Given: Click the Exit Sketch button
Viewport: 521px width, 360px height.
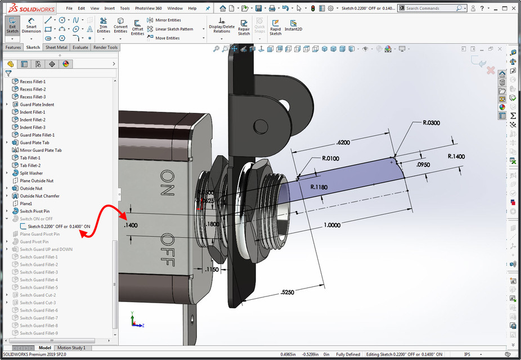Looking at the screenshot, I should click(x=12, y=26).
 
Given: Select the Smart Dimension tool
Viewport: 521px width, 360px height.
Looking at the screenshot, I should click(x=31, y=26).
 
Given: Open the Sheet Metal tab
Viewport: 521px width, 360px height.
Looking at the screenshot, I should click(x=56, y=47).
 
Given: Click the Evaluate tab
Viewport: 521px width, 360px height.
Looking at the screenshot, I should click(x=80, y=47).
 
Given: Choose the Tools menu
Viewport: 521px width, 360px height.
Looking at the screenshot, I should click(x=125, y=8).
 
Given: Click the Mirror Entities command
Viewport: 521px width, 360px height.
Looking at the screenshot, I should click(x=168, y=20).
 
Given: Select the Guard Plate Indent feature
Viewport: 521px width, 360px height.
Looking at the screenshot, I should click(x=37, y=105).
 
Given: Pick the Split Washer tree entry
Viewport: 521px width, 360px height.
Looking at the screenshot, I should click(x=32, y=173).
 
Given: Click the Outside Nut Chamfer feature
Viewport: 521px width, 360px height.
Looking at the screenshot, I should click(x=39, y=196).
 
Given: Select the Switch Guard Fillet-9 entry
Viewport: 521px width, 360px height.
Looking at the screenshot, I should click(x=39, y=333).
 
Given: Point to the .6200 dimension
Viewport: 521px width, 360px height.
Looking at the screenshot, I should click(x=344, y=143).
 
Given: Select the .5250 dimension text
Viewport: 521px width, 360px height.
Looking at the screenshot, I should click(x=289, y=292).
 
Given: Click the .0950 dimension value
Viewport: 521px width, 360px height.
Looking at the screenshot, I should click(x=424, y=165).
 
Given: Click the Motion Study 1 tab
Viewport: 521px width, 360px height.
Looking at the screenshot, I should click(x=72, y=348).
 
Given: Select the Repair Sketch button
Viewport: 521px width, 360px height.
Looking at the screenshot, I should click(x=244, y=28).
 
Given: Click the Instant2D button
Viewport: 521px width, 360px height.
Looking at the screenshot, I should click(x=293, y=26).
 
